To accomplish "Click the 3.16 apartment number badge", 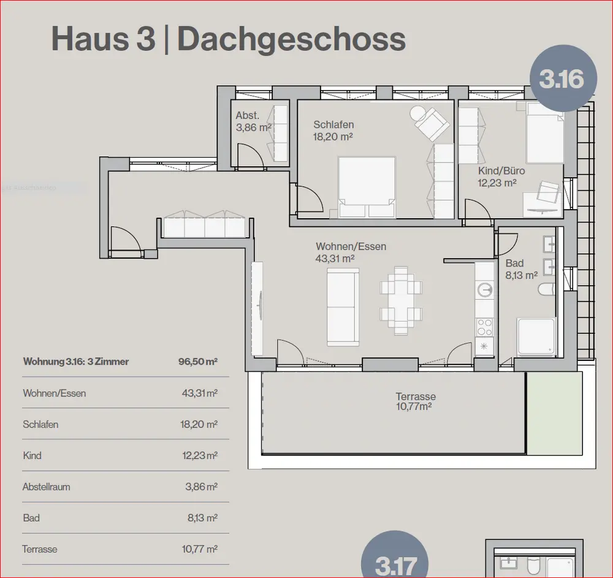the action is (x=563, y=78).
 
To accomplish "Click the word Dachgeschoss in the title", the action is (x=292, y=39).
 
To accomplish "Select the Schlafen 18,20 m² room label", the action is (x=333, y=131).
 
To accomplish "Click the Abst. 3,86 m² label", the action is (x=253, y=121).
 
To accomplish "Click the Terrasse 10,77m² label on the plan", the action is (x=415, y=401).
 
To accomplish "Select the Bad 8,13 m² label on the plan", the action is (x=521, y=269).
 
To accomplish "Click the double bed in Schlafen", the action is (x=367, y=187).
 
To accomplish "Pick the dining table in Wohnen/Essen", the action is (x=401, y=300).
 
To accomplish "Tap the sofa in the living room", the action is (x=343, y=307).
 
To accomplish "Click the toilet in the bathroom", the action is (x=547, y=289).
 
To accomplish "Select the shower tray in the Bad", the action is (x=536, y=337).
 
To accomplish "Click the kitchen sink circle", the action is (x=485, y=291).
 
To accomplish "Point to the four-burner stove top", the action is (x=485, y=327).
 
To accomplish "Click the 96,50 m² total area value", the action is (x=198, y=362).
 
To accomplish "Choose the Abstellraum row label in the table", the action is (x=46, y=487).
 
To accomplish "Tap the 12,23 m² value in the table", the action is (x=200, y=455).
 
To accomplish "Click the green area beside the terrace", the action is (x=554, y=414).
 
